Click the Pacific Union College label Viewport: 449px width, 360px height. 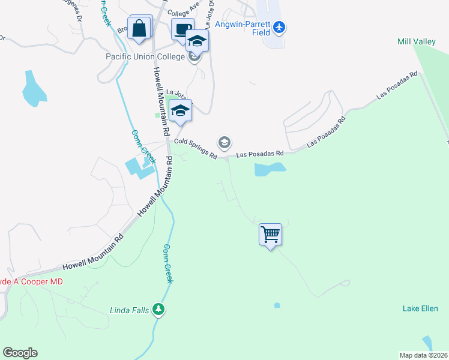coord(144,58)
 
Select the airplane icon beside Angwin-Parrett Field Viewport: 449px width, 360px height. coord(280,27)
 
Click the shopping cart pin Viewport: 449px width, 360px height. coord(271,234)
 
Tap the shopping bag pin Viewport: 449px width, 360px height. coord(139,29)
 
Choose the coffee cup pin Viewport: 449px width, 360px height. coord(182,29)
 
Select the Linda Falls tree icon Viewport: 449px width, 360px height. coord(158,310)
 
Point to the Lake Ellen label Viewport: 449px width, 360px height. coord(420,308)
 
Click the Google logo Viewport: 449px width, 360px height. coord(20,353)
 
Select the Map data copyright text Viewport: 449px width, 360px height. coord(423,355)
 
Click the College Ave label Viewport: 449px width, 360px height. coord(183,12)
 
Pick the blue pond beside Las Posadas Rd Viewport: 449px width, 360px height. coord(270,169)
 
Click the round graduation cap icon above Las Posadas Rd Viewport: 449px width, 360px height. coord(224,142)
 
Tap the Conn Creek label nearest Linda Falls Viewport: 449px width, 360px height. coord(169,264)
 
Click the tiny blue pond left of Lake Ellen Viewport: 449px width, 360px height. coord(277,305)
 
